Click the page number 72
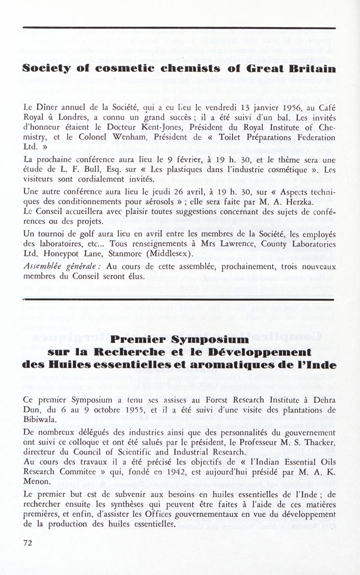click(x=28, y=543)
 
